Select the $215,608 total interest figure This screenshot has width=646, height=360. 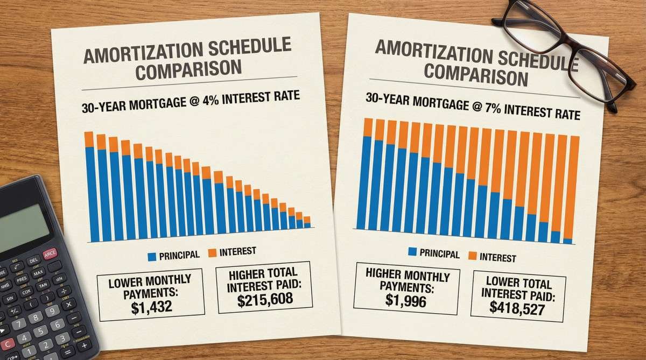265,300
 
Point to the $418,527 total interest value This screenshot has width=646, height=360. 517,307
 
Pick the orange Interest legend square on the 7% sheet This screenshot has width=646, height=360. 474,256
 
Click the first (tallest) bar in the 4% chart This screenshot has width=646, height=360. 89,186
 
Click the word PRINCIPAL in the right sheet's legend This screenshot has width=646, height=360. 439,253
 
